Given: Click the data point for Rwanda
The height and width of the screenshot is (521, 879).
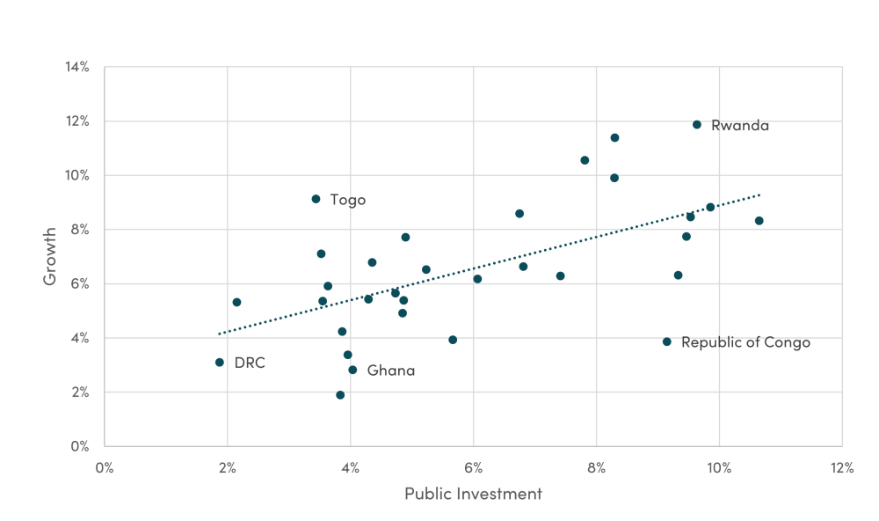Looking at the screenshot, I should (697, 125).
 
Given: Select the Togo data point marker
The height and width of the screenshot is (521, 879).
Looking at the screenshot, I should (316, 199).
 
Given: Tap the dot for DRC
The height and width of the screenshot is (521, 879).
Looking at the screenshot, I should (220, 363).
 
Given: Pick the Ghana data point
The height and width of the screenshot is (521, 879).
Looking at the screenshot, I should (352, 370).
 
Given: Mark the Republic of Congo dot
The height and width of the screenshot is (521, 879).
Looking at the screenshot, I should (667, 341).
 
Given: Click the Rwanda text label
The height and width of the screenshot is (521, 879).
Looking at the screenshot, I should (740, 126).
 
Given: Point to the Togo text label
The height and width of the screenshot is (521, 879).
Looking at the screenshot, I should (348, 200).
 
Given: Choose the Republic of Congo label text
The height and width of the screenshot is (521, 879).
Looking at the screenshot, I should (745, 342).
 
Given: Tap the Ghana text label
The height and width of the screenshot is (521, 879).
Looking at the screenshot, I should (391, 371).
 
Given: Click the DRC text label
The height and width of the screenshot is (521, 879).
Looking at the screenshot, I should (250, 363).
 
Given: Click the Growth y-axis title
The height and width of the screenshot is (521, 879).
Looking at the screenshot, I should (51, 256).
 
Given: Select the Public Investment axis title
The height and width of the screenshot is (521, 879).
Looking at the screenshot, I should (473, 494).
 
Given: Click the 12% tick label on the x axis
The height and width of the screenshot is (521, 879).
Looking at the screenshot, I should (841, 468).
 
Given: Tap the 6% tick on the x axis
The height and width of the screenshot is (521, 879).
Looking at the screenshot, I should (473, 468).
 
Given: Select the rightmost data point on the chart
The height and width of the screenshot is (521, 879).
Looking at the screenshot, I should (759, 221).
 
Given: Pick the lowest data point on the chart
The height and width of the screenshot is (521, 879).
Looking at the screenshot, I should (340, 395).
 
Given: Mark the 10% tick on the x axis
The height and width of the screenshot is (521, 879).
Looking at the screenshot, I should (719, 468).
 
